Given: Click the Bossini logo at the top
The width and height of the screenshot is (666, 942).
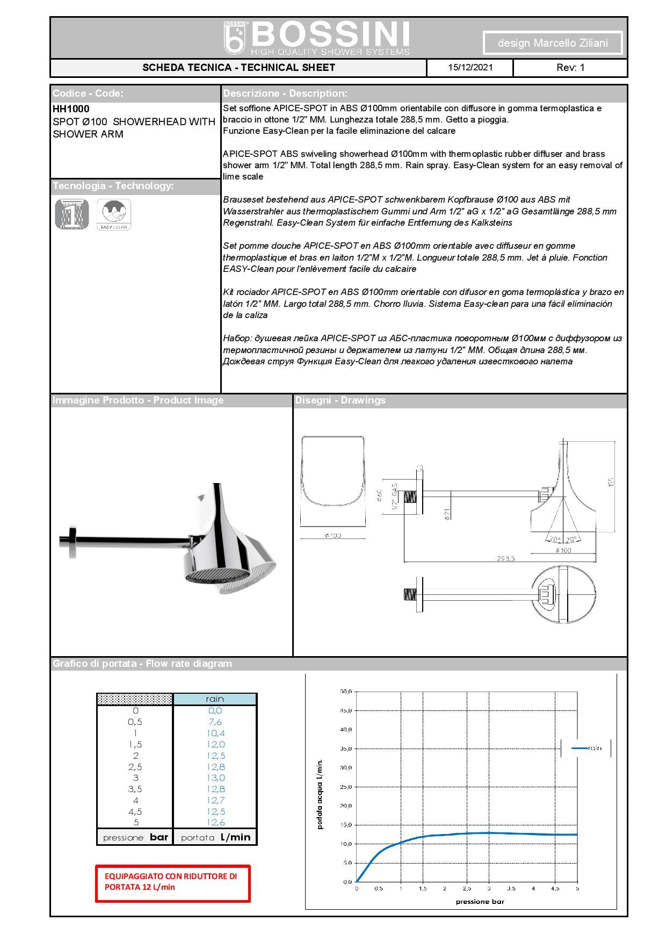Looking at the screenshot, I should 317,38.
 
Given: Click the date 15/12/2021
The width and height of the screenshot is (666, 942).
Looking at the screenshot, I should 470,68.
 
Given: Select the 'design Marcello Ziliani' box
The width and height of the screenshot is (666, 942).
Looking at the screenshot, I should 553,43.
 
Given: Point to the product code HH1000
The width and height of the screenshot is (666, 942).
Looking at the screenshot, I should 71,109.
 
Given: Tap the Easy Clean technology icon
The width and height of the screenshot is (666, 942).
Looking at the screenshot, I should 113,214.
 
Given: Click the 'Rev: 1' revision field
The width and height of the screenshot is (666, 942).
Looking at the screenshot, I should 570,68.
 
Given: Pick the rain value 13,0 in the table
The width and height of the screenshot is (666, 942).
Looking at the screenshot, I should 215,778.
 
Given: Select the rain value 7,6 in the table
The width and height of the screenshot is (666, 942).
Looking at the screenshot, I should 215,722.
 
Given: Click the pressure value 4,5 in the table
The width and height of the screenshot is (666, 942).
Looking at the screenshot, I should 135,811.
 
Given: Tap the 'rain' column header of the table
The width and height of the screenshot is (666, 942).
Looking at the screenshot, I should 215,699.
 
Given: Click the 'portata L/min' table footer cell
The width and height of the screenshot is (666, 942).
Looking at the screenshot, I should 215,837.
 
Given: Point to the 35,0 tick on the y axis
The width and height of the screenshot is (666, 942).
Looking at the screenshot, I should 345,749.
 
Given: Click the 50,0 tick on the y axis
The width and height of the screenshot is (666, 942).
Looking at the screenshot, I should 345,692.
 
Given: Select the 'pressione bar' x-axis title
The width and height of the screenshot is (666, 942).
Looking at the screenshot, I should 480,902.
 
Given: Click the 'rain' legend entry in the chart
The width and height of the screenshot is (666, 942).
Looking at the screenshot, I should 587,748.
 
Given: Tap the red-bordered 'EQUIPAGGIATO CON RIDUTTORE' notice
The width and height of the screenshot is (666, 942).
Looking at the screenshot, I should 173,883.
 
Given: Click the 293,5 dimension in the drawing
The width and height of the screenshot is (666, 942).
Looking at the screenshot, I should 505,558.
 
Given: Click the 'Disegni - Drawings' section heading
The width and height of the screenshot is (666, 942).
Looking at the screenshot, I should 340,400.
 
